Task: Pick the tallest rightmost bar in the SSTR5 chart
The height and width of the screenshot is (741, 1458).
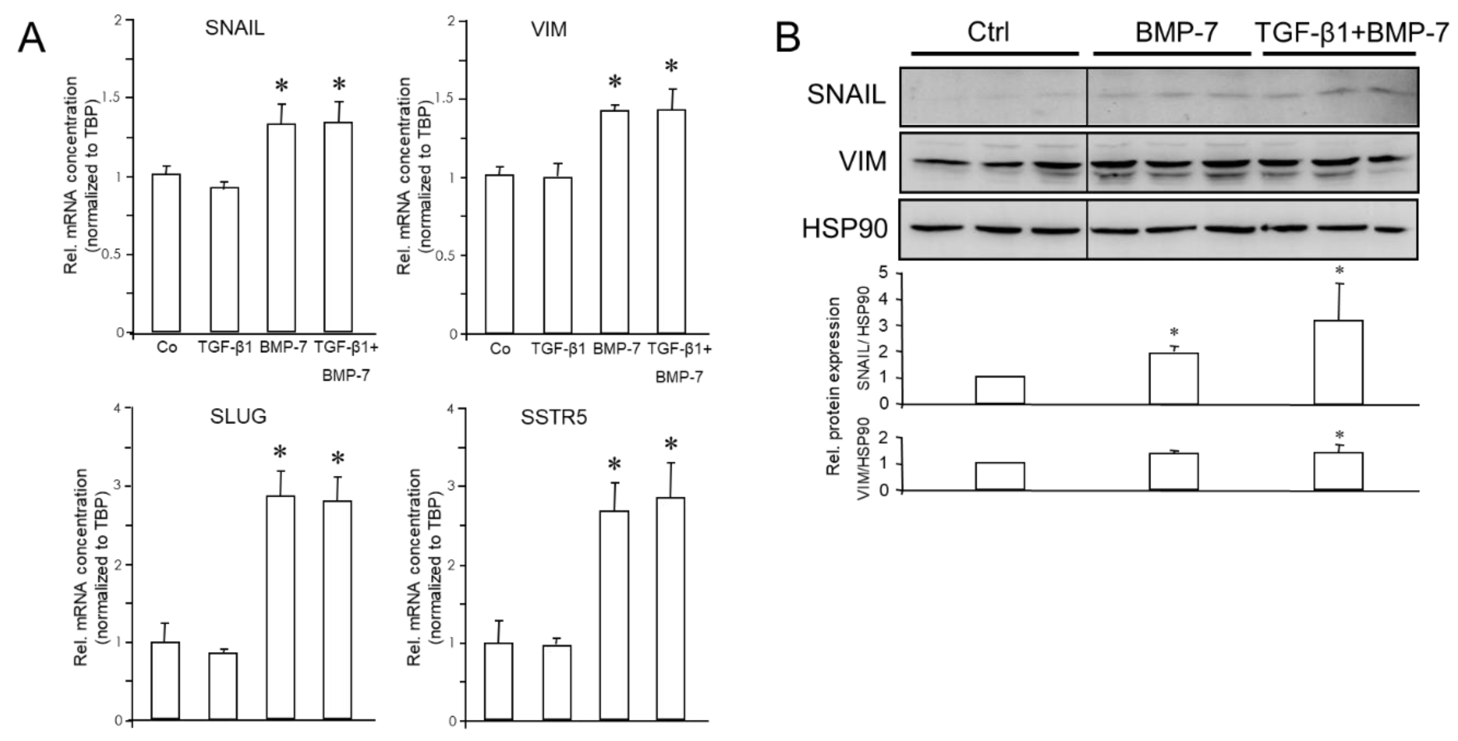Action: click(671, 608)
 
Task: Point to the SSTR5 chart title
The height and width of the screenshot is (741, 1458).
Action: click(554, 417)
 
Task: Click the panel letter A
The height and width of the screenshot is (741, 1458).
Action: click(32, 38)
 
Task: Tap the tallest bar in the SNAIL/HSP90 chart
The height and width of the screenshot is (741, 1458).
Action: click(1338, 362)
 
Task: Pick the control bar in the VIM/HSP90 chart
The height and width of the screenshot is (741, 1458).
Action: click(1000, 476)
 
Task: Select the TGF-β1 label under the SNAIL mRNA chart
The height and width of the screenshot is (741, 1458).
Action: click(225, 347)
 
